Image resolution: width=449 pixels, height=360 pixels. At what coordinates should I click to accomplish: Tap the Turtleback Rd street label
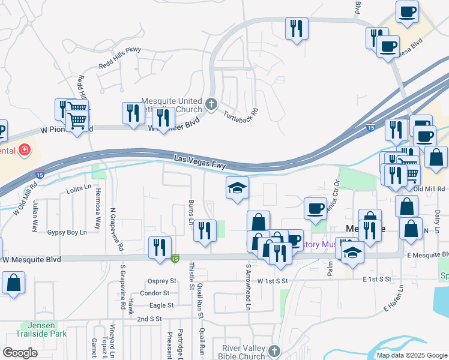(x=241, y=113)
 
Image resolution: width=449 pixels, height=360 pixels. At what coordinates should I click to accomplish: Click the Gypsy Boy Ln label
(x=67, y=232)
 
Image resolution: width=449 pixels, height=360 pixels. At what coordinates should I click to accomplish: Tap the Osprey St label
(x=162, y=281)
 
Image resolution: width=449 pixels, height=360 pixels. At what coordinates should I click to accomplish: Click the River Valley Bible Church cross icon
(x=274, y=350)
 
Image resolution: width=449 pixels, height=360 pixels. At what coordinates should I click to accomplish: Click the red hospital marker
(x=24, y=150)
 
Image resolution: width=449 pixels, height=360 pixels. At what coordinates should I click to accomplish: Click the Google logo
(x=20, y=353)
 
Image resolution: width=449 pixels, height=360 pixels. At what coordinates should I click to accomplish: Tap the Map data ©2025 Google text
(x=411, y=355)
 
